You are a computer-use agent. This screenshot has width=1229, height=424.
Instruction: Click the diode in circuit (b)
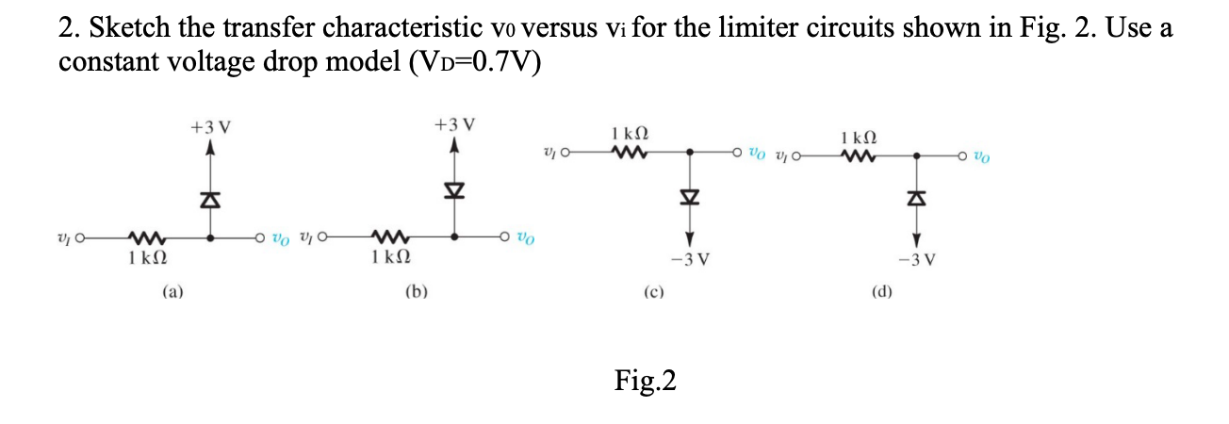455,193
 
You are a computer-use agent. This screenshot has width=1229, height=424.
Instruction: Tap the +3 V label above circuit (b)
455,124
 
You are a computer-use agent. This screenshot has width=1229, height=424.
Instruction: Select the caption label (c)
652,292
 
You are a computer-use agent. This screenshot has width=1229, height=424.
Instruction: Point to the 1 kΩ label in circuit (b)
389,256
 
